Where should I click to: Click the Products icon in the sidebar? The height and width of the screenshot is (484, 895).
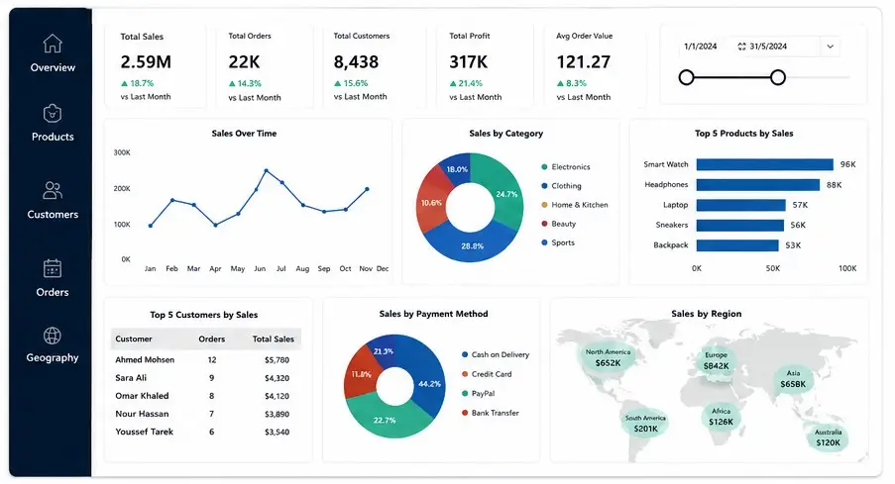click(53, 113)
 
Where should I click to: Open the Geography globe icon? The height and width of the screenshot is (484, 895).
click(53, 336)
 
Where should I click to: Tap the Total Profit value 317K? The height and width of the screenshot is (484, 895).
click(469, 61)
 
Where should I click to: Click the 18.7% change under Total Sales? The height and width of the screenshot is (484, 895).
click(137, 83)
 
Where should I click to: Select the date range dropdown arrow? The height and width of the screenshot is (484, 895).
click(830, 47)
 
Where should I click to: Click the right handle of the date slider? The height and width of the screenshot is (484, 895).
click(777, 77)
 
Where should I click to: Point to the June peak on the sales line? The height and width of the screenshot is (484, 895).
click(266, 170)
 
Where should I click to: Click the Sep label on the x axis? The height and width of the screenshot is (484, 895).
click(324, 268)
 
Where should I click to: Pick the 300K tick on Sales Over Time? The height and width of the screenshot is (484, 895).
click(122, 152)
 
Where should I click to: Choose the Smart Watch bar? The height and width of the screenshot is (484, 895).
click(765, 164)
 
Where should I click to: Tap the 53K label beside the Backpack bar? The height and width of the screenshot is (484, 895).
click(793, 245)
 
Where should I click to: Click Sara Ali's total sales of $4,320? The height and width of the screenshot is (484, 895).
click(277, 378)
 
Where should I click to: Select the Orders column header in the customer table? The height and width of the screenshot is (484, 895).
click(212, 339)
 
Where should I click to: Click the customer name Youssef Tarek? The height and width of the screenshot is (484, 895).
click(145, 432)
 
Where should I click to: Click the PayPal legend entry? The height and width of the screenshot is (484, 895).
click(479, 393)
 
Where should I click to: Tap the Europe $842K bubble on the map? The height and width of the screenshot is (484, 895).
click(716, 361)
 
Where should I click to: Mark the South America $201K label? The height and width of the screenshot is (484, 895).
click(645, 424)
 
